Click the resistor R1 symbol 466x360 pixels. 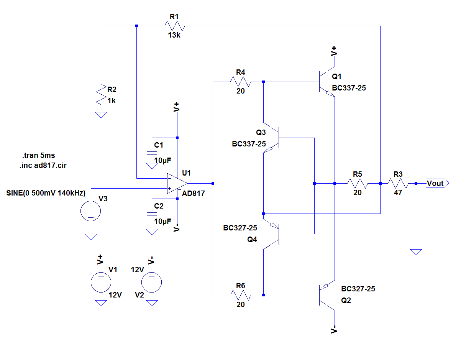tap(174, 26)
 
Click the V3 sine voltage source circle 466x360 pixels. tap(91, 211)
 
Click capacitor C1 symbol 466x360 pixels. tap(152, 153)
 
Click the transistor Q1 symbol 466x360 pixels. tap(326, 82)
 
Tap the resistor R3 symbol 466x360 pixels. tap(398, 183)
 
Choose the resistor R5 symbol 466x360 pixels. tap(357, 183)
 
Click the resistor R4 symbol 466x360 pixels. tap(240, 82)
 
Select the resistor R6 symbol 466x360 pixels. tap(240, 295)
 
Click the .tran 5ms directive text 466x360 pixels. tap(39, 156)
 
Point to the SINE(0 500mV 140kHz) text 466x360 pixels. tap(46, 192)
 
